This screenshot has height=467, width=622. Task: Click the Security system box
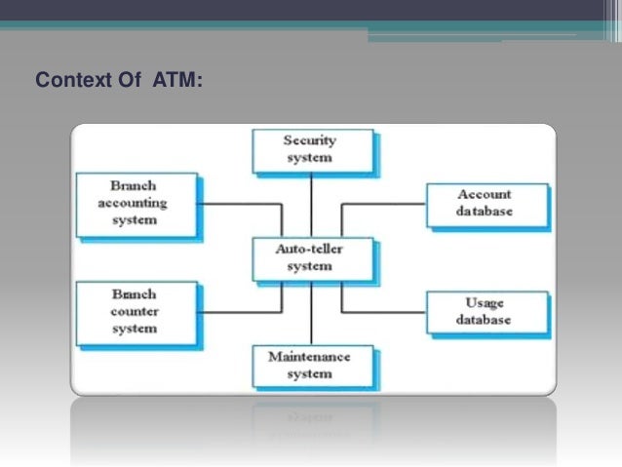tap(309, 148)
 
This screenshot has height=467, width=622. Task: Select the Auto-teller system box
tap(309, 258)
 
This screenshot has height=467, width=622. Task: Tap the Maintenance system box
tap(309, 365)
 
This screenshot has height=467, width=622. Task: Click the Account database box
tap(485, 203)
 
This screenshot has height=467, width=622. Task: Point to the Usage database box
tap(485, 312)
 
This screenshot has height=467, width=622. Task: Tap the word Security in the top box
tap(309, 140)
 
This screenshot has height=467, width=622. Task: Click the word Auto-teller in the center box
tap(309, 250)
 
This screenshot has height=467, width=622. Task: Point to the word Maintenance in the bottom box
tap(309, 356)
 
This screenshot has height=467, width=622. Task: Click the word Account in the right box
tap(485, 194)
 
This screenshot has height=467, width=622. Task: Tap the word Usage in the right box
tap(485, 303)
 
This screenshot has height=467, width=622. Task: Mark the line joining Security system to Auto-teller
tap(311, 203)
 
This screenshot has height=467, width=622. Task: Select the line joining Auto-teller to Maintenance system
tap(311, 312)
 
